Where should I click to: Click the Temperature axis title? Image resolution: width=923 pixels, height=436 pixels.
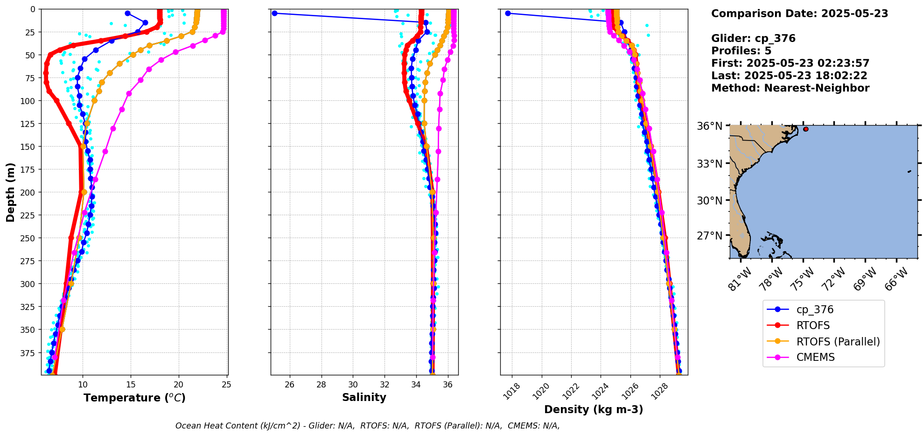click(134, 398)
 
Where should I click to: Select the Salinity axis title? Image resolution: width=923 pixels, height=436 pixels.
click(364, 398)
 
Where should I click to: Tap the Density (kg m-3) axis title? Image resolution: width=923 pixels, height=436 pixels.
click(594, 409)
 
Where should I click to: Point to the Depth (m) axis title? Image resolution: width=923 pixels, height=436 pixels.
click(11, 192)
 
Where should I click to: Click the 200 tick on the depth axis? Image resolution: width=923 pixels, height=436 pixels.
click(29, 192)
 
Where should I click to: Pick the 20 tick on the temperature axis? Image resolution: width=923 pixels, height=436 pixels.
click(179, 385)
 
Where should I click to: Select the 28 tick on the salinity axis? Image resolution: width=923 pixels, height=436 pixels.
click(321, 385)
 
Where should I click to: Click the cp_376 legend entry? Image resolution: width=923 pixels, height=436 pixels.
click(814, 309)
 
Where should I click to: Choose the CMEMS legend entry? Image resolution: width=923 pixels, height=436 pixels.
click(815, 357)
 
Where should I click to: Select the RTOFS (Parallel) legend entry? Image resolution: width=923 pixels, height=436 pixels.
click(838, 341)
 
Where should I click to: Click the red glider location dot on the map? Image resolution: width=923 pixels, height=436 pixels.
click(806, 129)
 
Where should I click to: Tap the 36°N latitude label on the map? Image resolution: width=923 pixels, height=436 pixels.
click(709, 126)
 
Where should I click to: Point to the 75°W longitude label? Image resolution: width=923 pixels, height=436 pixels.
click(803, 279)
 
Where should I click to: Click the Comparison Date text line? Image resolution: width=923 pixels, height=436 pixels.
click(799, 14)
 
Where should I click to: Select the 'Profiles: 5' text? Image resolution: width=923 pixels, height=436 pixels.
click(741, 51)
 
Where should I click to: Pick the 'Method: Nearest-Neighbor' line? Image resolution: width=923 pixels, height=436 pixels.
click(790, 88)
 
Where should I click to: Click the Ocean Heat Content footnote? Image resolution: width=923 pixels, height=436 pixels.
click(367, 426)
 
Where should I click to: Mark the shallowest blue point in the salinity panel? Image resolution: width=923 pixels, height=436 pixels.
click(274, 13)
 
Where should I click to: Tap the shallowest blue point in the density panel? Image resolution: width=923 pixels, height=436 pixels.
click(508, 13)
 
